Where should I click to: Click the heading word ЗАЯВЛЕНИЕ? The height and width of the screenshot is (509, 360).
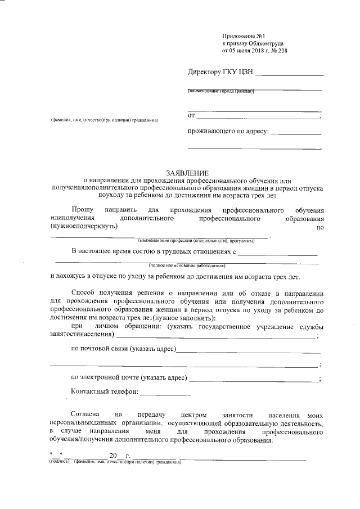pos(187,172)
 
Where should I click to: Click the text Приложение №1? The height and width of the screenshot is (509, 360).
pos(243,35)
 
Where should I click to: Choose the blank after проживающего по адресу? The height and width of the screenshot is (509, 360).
pos(296,134)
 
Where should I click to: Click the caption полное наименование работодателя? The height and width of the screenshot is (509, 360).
pos(187,264)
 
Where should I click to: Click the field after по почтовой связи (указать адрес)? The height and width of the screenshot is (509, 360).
pos(247,351)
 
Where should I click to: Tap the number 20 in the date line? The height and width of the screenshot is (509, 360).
pos(114,456)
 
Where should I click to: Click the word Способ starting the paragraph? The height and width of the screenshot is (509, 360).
pos(84,292)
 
